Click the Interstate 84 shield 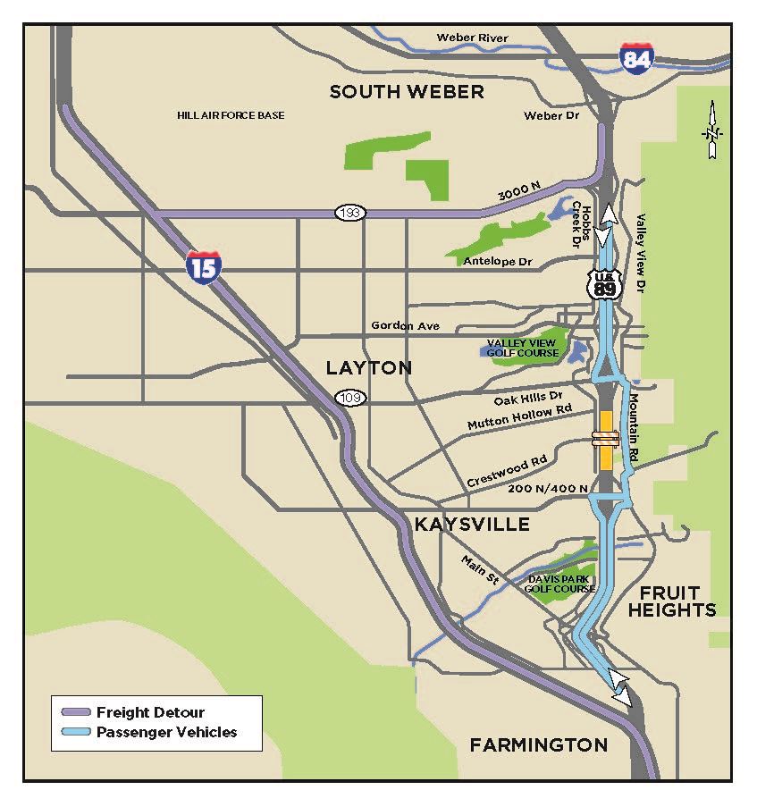[x=636, y=57]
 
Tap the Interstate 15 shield [x=204, y=266]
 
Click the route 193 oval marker [x=349, y=213]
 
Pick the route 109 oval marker [x=349, y=397]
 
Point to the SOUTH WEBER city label [x=407, y=91]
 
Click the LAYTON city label [x=368, y=367]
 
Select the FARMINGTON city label [x=539, y=744]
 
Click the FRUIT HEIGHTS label [x=671, y=601]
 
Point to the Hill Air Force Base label [x=231, y=115]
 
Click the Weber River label [x=472, y=38]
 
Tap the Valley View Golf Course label [x=523, y=349]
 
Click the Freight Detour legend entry [x=150, y=712]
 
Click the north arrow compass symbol [x=712, y=131]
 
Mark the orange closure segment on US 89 [x=606, y=440]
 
